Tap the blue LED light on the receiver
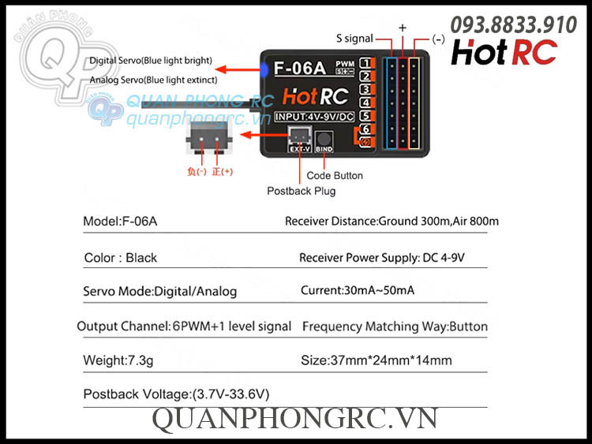coord(265,69)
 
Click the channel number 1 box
coord(365,64)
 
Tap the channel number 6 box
coord(365,129)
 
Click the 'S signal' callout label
coord(355,38)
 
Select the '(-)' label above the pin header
coord(438,38)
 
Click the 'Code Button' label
coord(335,176)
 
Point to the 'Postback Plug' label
coord(301,191)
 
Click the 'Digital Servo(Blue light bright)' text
coord(151,60)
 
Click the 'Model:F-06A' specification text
coord(120,222)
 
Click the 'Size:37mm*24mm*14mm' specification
coord(377,360)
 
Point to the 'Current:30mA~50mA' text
coord(358,291)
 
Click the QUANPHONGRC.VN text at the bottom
coord(294,419)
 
